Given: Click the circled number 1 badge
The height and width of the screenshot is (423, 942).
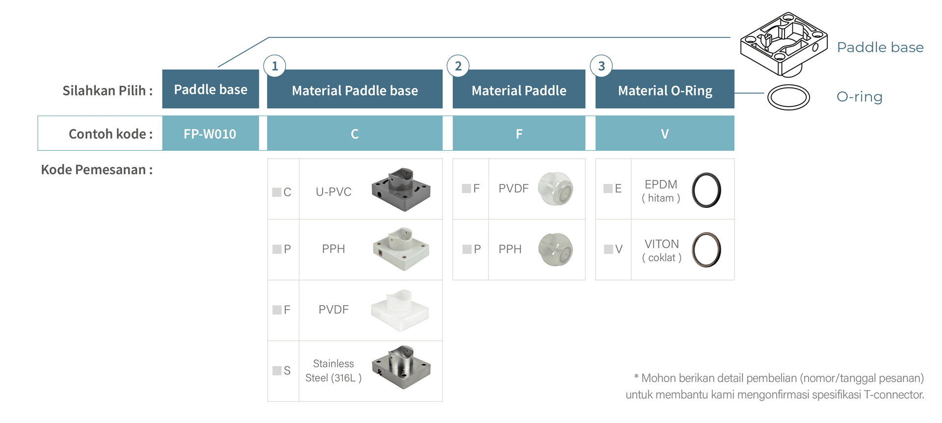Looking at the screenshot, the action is click(275, 66).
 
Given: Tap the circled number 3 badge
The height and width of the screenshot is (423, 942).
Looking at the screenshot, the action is click(602, 66).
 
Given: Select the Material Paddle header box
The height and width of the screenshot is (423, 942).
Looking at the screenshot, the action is click(519, 89).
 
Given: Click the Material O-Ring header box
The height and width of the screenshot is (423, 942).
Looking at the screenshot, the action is click(665, 89).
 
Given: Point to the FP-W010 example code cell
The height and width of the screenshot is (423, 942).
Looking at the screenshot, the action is click(210, 133).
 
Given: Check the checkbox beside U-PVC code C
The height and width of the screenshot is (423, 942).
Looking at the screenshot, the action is click(277, 192).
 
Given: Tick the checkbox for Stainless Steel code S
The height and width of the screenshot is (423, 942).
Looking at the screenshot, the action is click(277, 370).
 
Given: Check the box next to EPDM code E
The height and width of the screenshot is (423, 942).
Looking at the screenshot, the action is click(608, 188).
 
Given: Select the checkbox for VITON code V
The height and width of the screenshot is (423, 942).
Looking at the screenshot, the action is click(608, 249).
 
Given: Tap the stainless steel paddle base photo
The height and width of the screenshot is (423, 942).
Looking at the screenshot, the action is click(401, 367).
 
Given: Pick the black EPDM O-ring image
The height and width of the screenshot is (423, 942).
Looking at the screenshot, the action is click(706, 190).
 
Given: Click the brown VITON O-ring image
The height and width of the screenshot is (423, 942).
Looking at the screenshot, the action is click(706, 250).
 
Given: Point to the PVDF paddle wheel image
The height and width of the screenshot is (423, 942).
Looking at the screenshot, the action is click(555, 189).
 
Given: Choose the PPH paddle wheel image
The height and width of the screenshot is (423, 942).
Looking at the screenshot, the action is click(555, 250).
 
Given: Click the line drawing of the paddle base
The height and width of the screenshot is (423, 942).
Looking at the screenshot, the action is click(784, 44).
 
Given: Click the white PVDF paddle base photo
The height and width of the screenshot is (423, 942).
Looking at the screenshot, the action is click(400, 310).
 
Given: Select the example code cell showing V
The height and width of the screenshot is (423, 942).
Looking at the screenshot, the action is click(665, 133).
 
